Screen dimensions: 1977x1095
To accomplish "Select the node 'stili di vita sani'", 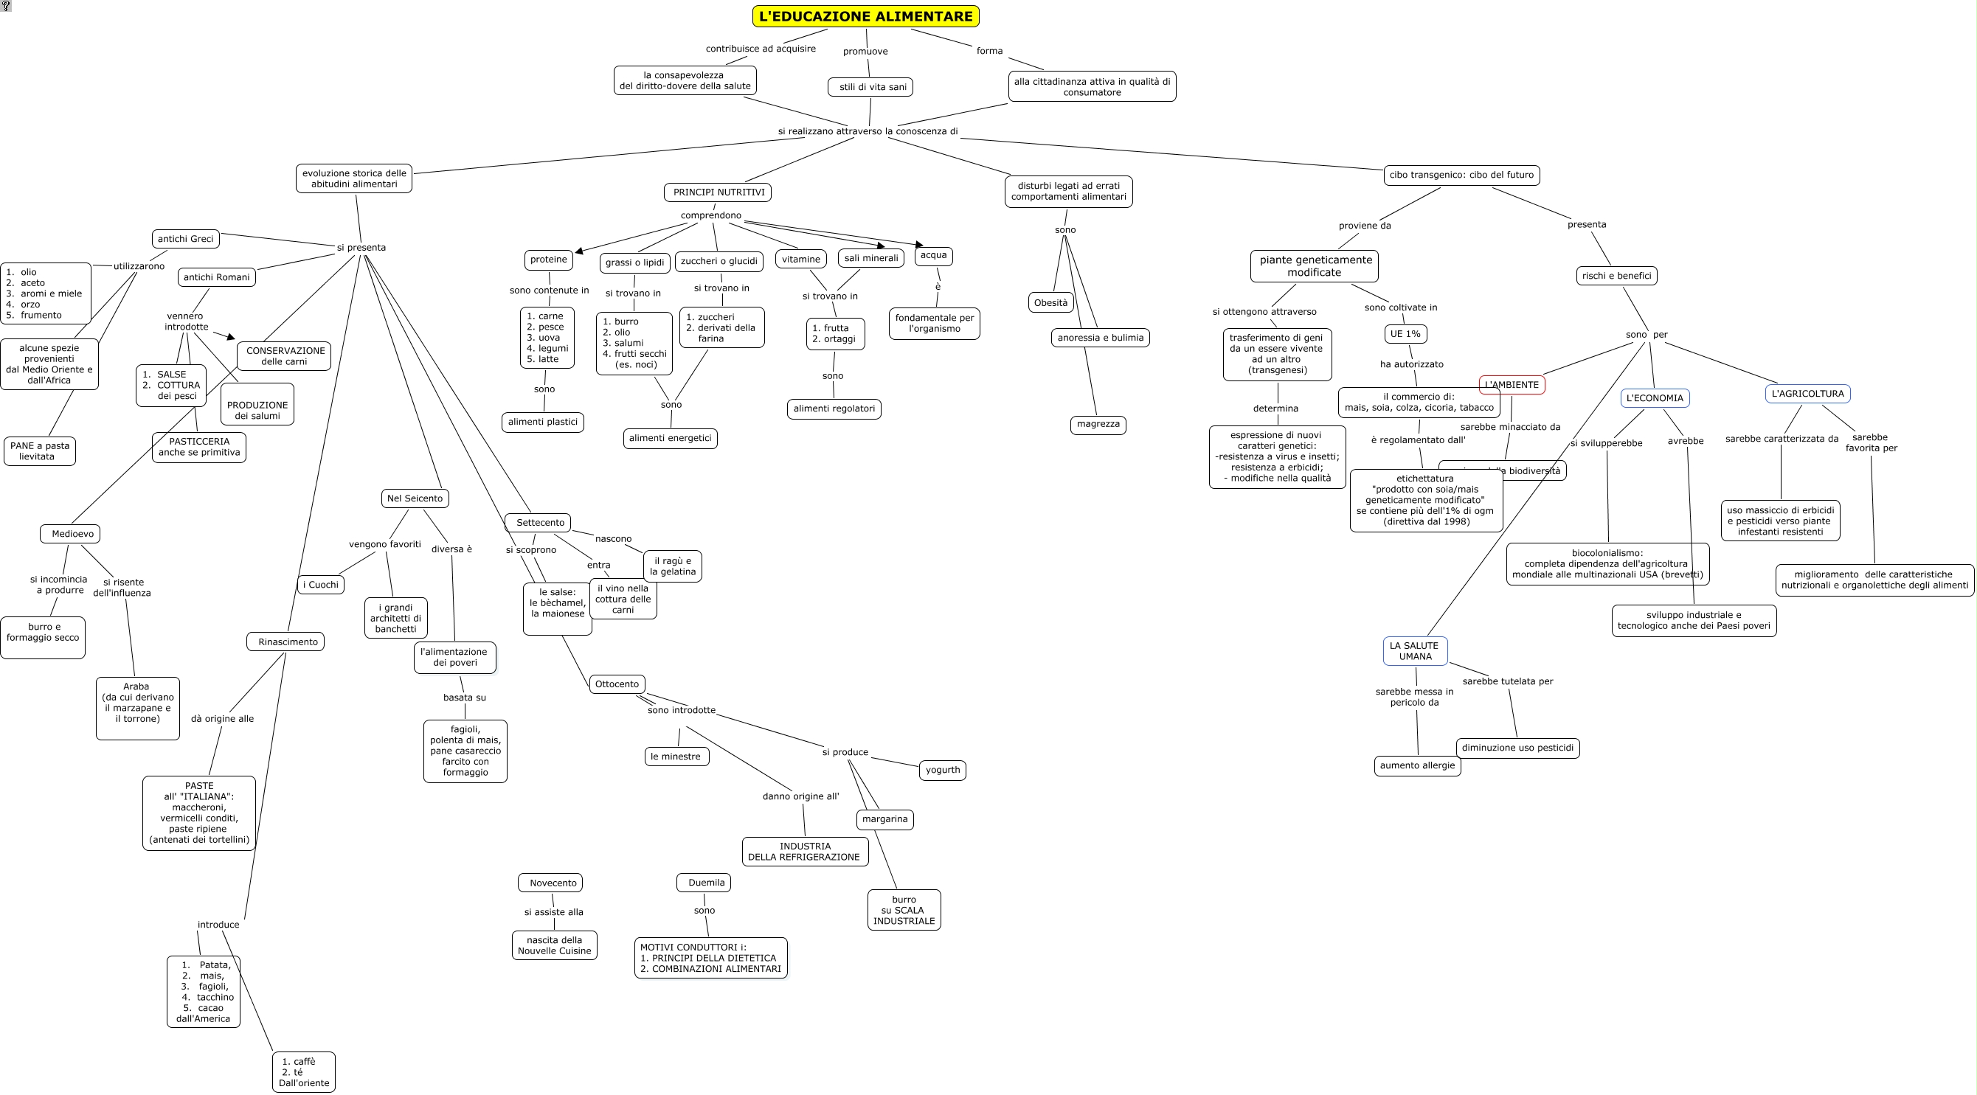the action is coord(870,87).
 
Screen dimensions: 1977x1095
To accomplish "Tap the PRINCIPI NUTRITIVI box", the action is coord(718,192).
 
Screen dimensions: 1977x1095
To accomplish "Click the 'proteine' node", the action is coord(548,260).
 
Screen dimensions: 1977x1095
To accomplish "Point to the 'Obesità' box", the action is coord(1050,302).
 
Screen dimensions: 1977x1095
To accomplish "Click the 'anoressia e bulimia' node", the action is coord(1100,338).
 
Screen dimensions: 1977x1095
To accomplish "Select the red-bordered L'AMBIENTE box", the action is coord(1511,384).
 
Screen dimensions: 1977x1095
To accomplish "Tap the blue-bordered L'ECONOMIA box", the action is coord(1654,397).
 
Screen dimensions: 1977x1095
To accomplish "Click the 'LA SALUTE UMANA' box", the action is coord(1414,650).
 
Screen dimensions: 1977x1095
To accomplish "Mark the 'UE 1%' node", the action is coord(1405,334).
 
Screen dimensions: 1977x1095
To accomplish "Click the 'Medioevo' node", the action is coord(71,533).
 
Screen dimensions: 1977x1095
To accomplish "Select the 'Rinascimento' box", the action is coord(286,642).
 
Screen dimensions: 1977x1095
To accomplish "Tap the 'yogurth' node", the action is coord(942,770).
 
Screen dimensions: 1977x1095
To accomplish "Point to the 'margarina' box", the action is coord(884,818).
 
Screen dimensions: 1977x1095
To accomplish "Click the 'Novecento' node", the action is coord(551,883).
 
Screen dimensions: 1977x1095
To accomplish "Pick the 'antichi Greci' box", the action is coord(185,239).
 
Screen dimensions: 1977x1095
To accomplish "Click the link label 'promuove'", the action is coord(865,52).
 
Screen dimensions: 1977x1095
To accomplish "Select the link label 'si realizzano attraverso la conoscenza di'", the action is coord(868,131).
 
